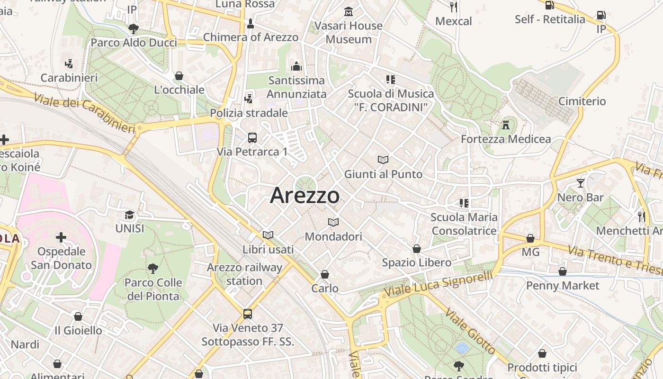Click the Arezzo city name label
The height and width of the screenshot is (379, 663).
(x=305, y=196)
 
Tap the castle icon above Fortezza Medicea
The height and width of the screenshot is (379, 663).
(x=506, y=125)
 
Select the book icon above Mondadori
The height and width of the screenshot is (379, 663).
(x=333, y=222)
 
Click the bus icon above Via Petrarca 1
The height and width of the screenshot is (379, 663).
(x=252, y=138)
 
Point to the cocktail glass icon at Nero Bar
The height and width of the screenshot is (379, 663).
(x=581, y=183)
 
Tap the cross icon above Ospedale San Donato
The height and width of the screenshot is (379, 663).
(x=61, y=237)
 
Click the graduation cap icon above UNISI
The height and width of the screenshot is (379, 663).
(x=129, y=215)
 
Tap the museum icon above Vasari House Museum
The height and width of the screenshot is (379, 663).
(x=349, y=11)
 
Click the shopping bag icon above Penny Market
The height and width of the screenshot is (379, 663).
(x=563, y=271)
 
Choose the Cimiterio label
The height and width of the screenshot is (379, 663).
(x=582, y=101)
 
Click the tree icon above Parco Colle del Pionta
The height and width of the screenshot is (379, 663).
(x=152, y=269)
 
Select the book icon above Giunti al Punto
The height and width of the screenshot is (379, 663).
(x=383, y=160)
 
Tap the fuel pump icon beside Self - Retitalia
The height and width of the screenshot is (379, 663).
(x=550, y=5)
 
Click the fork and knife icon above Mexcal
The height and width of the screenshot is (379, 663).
(x=454, y=7)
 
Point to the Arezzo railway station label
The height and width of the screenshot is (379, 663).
(x=244, y=274)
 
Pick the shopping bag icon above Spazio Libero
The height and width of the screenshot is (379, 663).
(x=417, y=249)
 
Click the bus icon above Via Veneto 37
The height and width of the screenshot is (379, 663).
(x=248, y=314)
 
